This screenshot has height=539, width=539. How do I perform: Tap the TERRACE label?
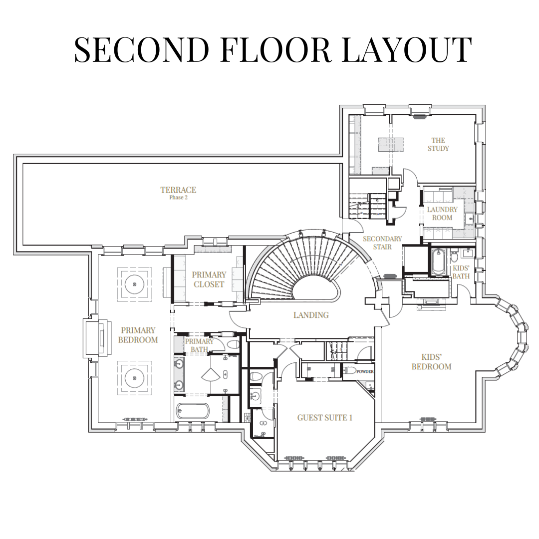point(178,190)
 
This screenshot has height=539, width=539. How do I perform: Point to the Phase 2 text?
point(178,198)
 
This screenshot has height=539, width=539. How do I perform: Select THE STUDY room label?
point(438,144)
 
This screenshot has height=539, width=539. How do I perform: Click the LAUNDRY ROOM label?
point(442,214)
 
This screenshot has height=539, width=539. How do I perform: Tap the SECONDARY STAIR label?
point(382,243)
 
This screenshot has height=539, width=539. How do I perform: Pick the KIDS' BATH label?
point(461,272)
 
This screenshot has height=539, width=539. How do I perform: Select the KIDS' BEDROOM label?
point(431,362)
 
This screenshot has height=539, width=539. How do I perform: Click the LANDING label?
point(311,315)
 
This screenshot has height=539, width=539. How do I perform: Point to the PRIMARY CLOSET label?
point(209,279)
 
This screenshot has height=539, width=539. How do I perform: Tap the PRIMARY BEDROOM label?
point(138,335)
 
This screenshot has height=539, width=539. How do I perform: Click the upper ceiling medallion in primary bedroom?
point(134,284)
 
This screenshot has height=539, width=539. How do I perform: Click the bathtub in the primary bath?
point(193,411)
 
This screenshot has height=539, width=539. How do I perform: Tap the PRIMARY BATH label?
point(199,345)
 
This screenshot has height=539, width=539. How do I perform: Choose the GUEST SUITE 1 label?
point(325,418)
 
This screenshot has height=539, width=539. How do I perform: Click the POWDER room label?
point(365,372)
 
